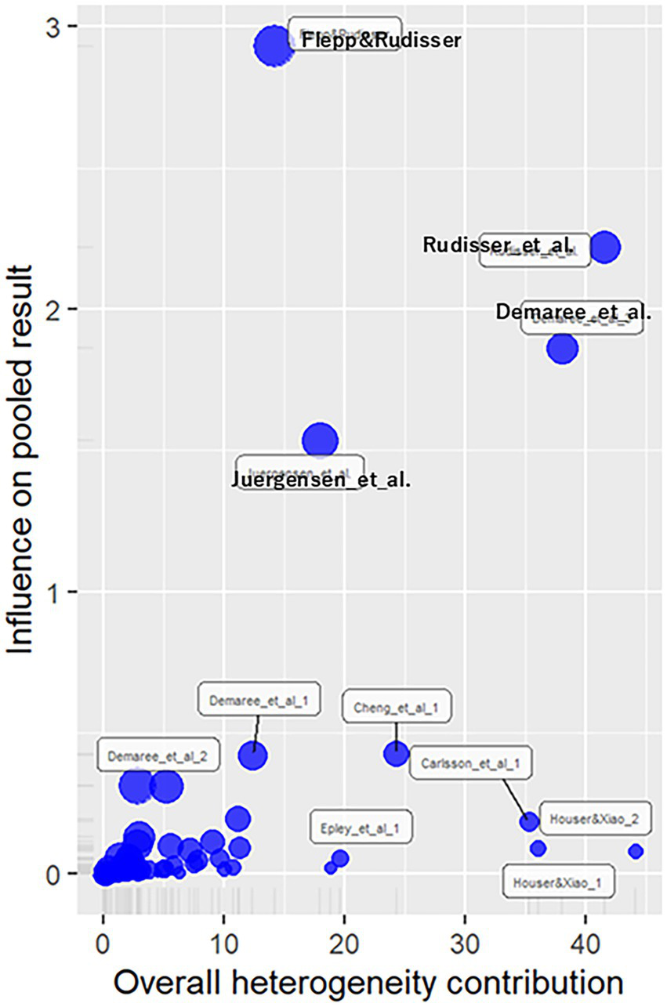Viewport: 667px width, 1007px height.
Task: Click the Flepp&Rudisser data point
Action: point(273,46)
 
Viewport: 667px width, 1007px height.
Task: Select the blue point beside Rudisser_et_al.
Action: point(605,248)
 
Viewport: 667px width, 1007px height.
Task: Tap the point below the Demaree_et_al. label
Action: point(562,348)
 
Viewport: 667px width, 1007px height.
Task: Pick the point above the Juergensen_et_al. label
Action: point(319,441)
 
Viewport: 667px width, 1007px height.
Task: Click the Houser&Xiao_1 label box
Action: point(558,882)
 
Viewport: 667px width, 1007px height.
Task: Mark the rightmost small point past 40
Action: point(636,851)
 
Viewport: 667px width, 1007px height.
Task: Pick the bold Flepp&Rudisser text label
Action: point(381,40)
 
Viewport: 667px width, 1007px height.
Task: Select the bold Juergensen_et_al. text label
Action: point(321,480)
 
